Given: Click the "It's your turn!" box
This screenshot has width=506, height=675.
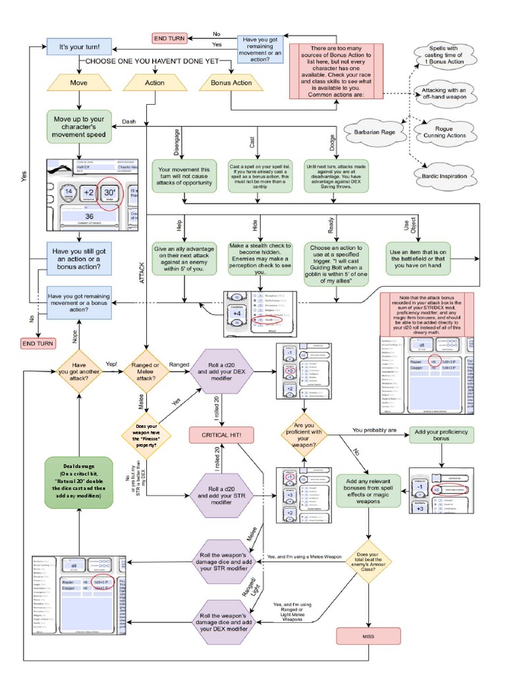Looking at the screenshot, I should [78, 47].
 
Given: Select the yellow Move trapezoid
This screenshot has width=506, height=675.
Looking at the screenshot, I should [78, 84].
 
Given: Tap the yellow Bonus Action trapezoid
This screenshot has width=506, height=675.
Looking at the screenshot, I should [231, 84].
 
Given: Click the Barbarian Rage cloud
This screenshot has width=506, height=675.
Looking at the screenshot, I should [374, 132].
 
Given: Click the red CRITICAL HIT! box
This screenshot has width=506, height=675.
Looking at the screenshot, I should [223, 435].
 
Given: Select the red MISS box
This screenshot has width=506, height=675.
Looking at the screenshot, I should [368, 636].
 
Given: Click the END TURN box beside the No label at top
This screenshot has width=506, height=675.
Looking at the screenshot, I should [169, 38].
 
